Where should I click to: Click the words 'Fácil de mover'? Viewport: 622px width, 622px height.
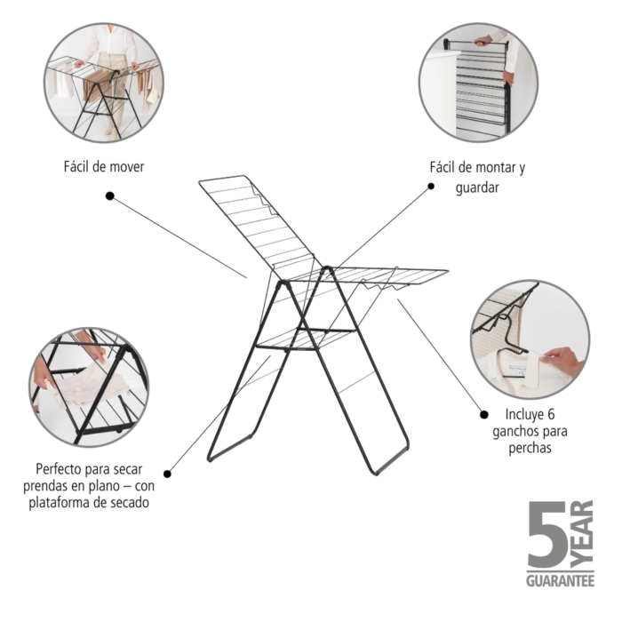click(x=104, y=167)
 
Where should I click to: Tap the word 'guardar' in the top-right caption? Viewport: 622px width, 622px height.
click(x=477, y=187)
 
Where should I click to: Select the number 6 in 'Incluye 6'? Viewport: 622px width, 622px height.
click(x=551, y=415)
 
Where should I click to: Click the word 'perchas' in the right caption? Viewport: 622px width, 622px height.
click(x=530, y=448)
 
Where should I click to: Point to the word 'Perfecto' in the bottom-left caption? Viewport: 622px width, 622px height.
click(x=59, y=469)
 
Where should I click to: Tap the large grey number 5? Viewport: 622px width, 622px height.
click(x=547, y=534)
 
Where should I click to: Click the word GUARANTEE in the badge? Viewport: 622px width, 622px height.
click(x=560, y=581)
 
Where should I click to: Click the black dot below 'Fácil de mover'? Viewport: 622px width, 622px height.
click(x=110, y=195)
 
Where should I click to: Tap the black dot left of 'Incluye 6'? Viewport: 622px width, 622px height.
click(x=484, y=415)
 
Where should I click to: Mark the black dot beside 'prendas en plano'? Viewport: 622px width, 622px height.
click(x=167, y=474)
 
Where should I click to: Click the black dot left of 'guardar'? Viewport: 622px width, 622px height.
click(x=431, y=186)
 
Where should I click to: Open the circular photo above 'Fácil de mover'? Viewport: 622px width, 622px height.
click(x=104, y=83)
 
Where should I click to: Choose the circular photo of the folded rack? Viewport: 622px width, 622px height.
click(x=478, y=82)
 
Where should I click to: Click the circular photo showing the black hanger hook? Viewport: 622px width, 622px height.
click(x=530, y=339)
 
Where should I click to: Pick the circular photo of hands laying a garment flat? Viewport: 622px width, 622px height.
click(x=89, y=387)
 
